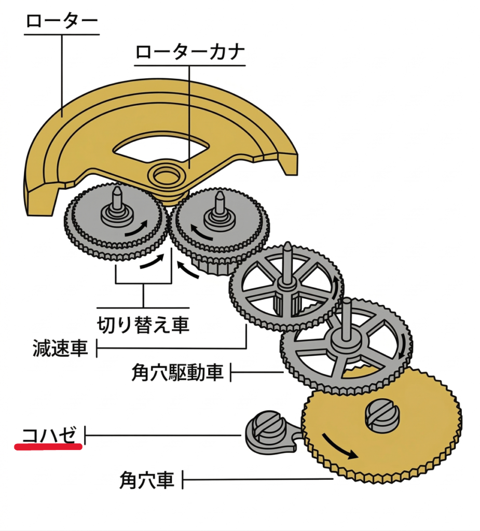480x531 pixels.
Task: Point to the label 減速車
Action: pos(59,348)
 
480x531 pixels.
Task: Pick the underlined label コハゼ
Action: pos(51,434)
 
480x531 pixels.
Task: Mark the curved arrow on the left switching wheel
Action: pos(136,228)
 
